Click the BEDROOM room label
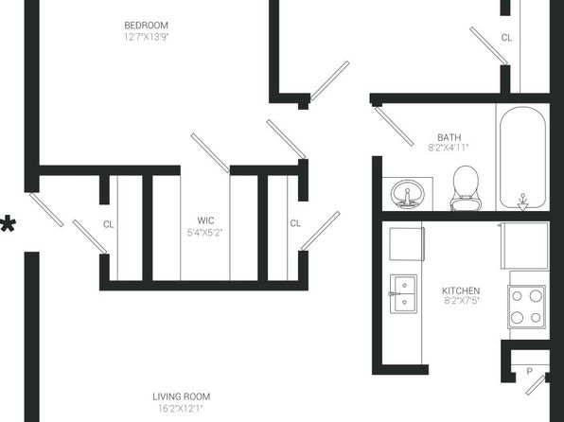(x=146, y=26)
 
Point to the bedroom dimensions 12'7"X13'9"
(x=146, y=37)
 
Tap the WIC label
(x=205, y=220)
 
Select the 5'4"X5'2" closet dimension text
(x=204, y=233)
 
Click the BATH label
(x=449, y=137)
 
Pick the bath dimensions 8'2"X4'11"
(x=449, y=148)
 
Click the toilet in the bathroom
(x=466, y=188)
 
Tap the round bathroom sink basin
(x=408, y=194)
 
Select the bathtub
(x=522, y=158)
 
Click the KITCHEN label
(x=461, y=290)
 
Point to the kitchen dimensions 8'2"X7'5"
(x=462, y=301)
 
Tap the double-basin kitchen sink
(x=403, y=294)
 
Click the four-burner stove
(x=526, y=307)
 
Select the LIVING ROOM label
(x=182, y=396)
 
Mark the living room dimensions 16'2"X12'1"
(x=181, y=409)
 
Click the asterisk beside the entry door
(x=8, y=225)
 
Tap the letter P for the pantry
(x=529, y=371)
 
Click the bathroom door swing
(x=394, y=126)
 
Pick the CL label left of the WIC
(x=108, y=224)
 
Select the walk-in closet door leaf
(x=210, y=153)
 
